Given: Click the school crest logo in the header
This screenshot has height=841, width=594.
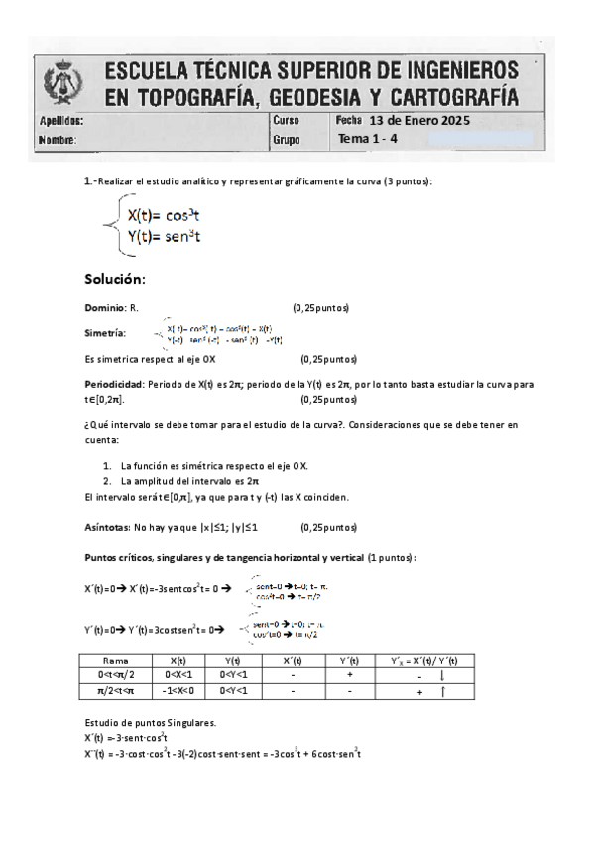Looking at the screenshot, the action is click(59, 85).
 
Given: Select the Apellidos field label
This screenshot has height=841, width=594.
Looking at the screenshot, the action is click(61, 121).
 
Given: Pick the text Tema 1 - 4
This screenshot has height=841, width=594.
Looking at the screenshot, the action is click(368, 139).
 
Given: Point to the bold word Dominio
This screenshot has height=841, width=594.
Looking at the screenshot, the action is click(105, 309).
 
